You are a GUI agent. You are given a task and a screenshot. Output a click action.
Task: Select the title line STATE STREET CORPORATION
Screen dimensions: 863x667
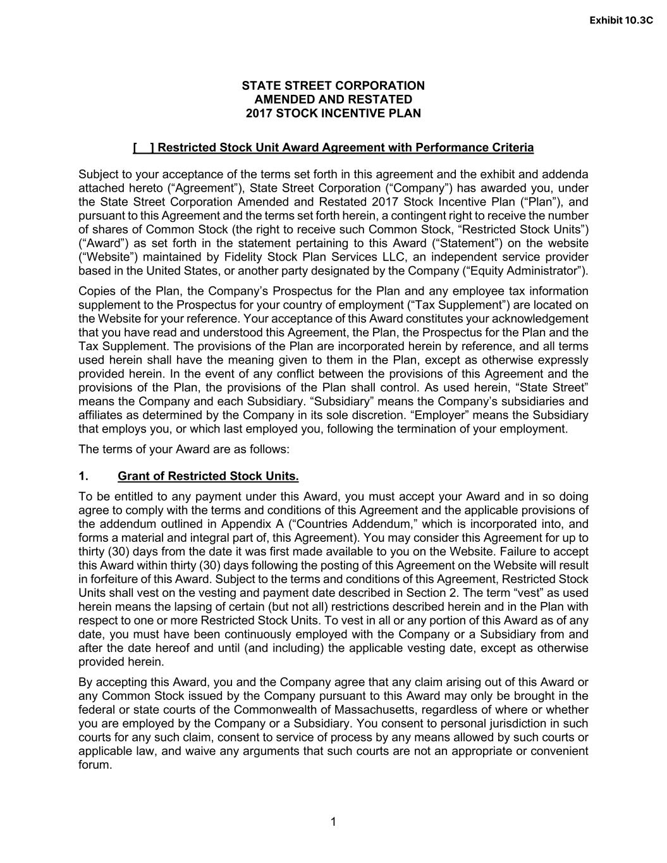333,85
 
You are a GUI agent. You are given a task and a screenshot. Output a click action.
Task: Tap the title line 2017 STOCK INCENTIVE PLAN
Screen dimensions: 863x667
333,114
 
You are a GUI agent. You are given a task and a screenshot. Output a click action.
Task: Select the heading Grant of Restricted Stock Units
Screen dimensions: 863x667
208,476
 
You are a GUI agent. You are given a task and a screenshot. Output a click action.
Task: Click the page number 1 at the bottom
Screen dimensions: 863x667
333,822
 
